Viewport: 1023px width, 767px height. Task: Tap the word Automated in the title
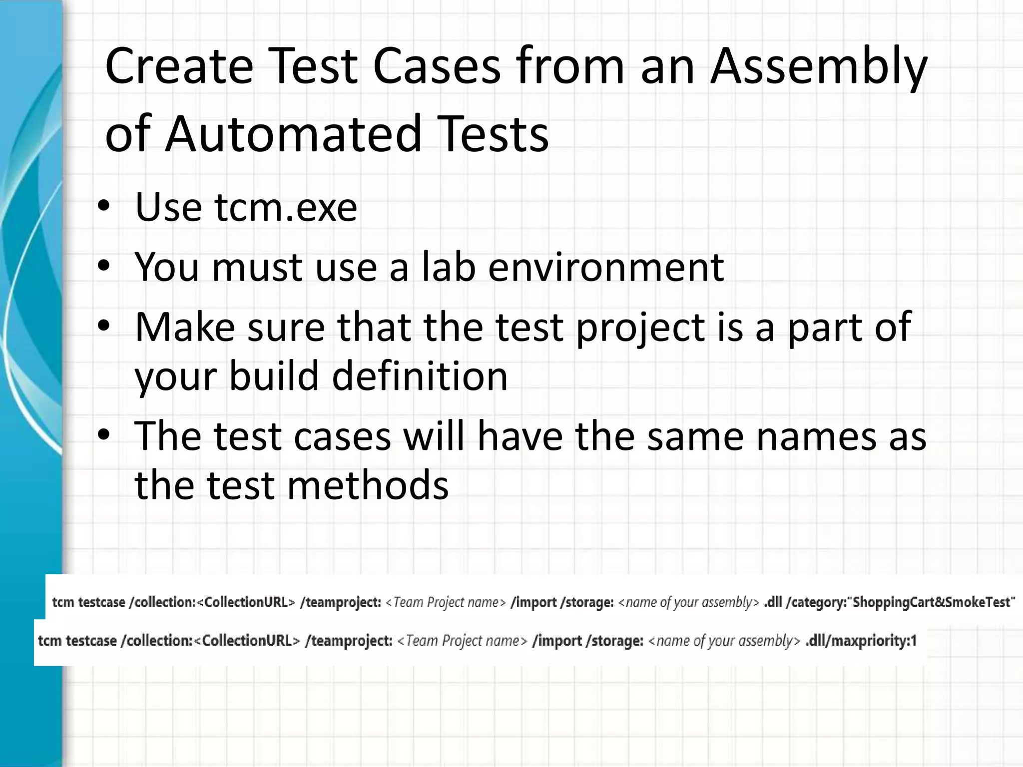(x=294, y=134)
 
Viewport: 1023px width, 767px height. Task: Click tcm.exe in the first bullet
(x=286, y=207)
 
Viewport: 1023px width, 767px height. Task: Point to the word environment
(x=605, y=267)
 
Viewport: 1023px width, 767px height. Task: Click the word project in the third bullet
(x=640, y=328)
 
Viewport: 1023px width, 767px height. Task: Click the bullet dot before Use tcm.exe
(x=103, y=207)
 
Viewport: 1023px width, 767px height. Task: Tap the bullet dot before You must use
(x=103, y=267)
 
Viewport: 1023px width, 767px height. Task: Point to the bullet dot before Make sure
(x=103, y=327)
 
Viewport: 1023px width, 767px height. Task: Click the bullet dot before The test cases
(x=103, y=436)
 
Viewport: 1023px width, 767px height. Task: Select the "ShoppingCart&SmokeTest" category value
(x=933, y=602)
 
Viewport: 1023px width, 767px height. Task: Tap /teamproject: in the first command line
(x=341, y=603)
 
